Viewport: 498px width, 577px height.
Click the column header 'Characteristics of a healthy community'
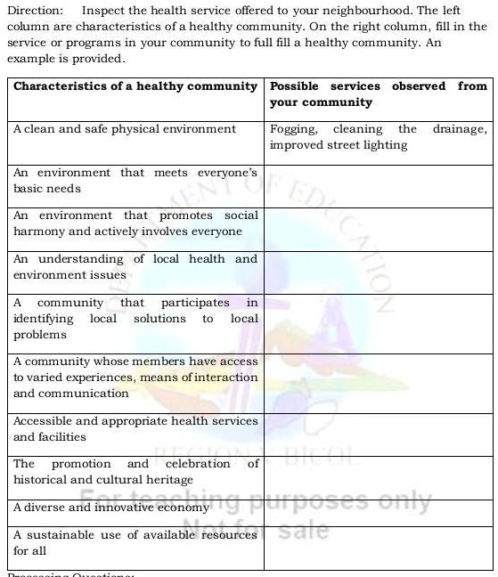135,86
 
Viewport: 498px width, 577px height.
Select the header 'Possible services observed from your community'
379,94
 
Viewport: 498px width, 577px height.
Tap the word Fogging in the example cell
293,129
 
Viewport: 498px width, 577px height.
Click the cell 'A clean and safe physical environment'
125,129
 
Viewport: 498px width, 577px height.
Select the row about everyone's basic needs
135,181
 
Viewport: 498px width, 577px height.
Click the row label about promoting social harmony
135,223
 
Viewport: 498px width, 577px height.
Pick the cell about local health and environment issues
135,267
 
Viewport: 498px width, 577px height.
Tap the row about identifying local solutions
135,319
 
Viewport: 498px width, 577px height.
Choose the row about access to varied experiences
135,378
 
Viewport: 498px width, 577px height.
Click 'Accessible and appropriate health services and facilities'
135,429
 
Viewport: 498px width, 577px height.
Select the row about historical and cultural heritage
135,472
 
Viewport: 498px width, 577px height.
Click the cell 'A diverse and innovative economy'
111,508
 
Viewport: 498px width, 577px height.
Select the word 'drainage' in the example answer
460,129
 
